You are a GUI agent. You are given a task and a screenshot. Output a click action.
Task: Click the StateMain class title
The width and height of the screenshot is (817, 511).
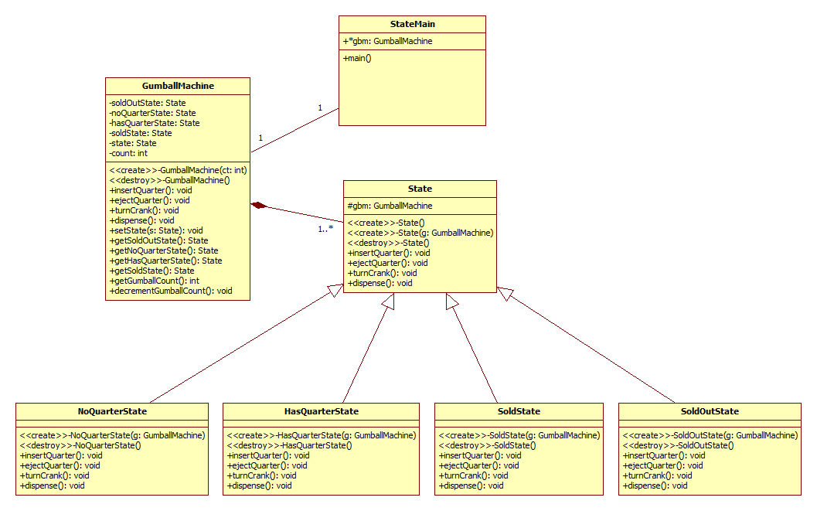coord(413,24)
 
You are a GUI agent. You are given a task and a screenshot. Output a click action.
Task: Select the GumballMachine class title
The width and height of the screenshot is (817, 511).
coord(178,86)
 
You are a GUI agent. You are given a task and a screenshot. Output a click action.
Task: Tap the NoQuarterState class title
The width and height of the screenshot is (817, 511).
coord(112,411)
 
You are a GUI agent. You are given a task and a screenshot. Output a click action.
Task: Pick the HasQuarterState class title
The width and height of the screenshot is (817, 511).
coord(321,411)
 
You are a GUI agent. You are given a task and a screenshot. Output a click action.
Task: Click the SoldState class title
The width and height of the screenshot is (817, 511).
coord(519,411)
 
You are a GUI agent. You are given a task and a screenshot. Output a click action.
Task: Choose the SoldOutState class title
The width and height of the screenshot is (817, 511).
coord(710,411)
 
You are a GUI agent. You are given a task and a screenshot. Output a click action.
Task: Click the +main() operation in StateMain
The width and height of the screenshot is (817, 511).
coord(357,58)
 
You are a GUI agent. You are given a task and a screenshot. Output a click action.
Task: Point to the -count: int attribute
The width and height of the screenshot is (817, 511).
coord(128,153)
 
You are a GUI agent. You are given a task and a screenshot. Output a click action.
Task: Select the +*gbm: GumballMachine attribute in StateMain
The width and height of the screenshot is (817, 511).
coord(387,41)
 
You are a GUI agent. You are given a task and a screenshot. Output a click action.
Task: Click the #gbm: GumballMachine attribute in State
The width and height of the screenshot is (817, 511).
coord(390,206)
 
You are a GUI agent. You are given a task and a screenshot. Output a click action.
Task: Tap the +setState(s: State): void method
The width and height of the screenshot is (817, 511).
coord(156,230)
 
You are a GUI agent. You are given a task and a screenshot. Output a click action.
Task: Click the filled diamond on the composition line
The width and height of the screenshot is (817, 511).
coord(259,205)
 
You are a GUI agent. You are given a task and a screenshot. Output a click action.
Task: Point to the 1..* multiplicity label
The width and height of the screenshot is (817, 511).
coord(325,229)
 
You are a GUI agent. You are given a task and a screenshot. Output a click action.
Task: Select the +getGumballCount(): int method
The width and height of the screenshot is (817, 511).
coord(154,281)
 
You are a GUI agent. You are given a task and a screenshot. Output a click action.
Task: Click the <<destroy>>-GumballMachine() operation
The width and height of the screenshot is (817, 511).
coord(170,180)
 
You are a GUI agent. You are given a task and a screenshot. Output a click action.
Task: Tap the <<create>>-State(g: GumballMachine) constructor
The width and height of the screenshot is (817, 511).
coord(420,233)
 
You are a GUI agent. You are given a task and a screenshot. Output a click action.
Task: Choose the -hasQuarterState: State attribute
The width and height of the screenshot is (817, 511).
coord(155,123)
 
